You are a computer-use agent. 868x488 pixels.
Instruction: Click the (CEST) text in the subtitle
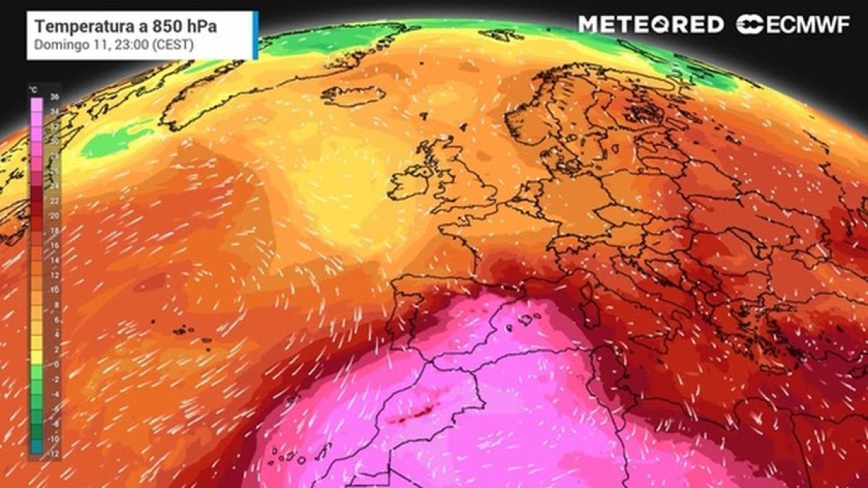(154, 44)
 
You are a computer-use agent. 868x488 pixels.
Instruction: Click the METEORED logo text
(650, 25)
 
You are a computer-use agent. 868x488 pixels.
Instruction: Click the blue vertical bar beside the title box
(255, 35)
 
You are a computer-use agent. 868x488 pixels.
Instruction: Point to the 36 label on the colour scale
(55, 97)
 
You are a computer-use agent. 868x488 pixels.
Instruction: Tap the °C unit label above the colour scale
(33, 88)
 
